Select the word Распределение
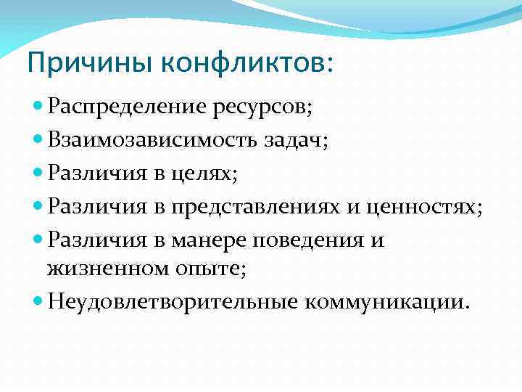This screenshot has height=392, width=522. [128, 108]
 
